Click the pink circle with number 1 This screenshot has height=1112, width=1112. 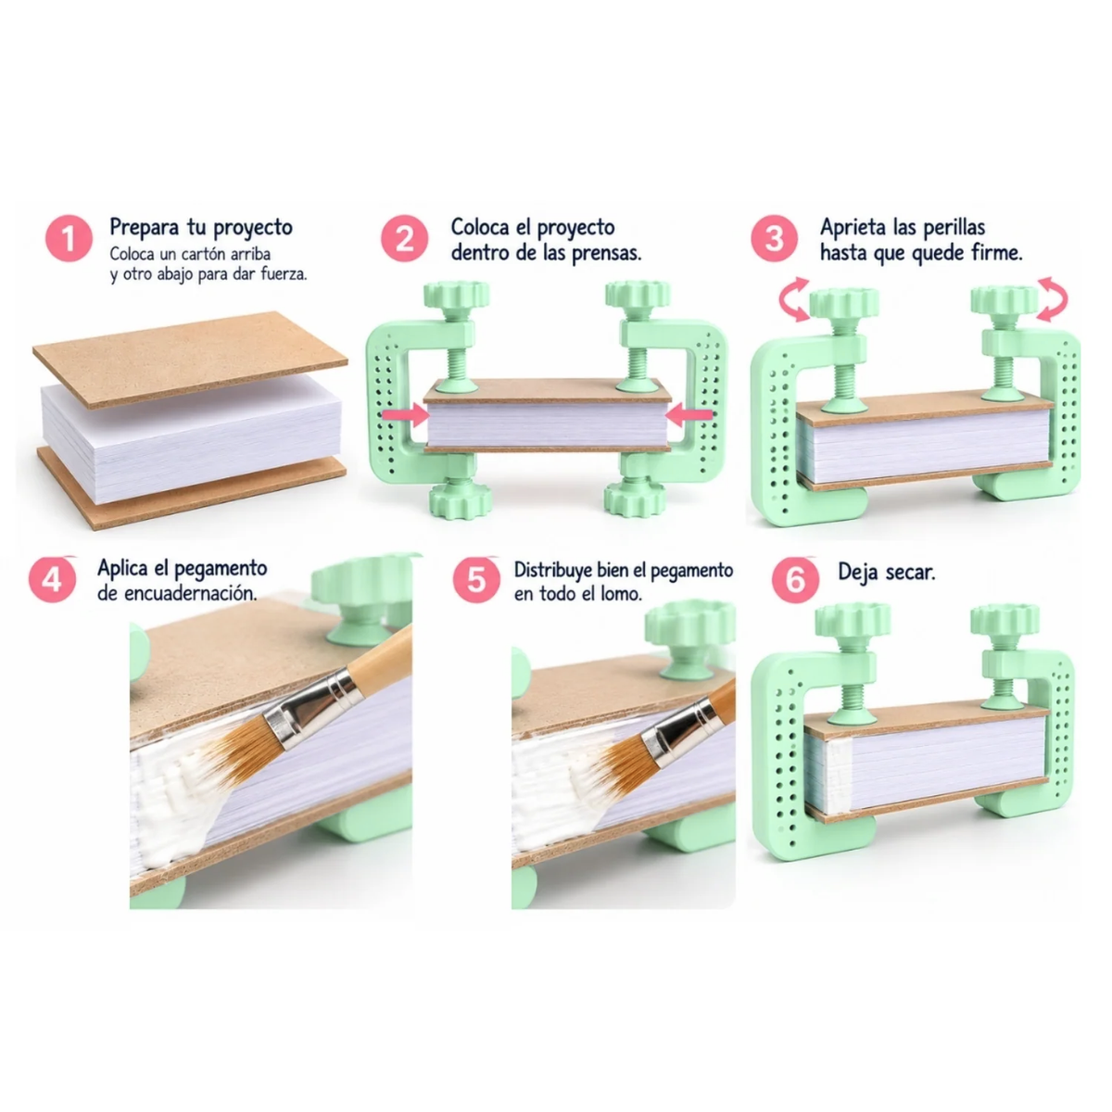pos(69,239)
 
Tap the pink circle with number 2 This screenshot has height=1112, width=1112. pos(404,239)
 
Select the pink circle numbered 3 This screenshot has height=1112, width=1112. pos(774,239)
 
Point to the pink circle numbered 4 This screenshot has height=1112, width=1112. pos(52,579)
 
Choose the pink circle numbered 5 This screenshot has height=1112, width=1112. pos(476,579)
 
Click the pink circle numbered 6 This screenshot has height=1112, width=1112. pos(795,579)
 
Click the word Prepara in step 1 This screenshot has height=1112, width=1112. pos(144,227)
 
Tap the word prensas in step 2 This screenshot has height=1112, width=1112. pos(606,254)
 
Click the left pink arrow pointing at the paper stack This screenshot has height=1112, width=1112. pos(405,414)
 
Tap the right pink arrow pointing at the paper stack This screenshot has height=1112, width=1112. pos(689,414)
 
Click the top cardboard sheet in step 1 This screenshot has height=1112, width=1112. pos(191,359)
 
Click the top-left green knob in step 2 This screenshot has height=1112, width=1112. pos(456,294)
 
